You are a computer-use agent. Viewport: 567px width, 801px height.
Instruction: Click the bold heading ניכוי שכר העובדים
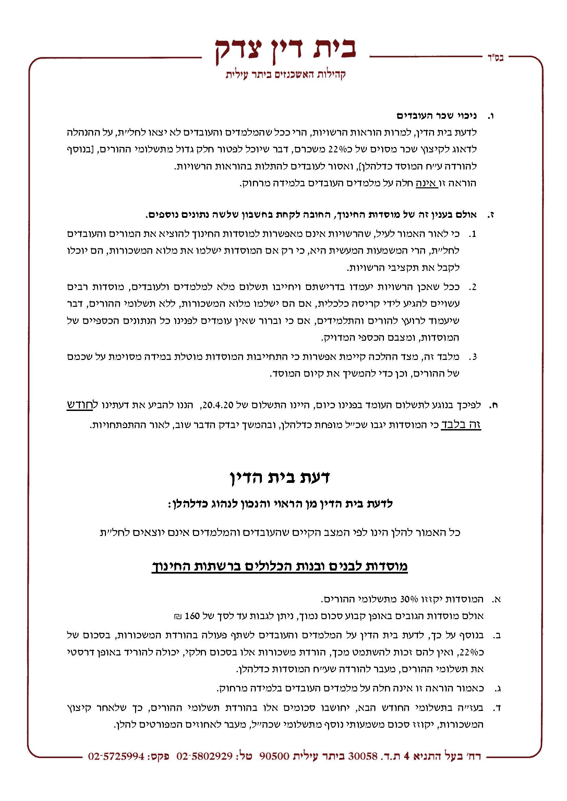coord(436,115)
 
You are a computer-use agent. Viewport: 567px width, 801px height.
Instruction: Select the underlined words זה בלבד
coord(461,425)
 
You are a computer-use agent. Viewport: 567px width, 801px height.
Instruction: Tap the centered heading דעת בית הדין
coord(280,477)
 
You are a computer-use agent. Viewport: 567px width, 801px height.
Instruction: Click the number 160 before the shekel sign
coord(192,616)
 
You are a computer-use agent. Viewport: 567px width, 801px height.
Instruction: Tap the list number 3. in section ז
coord(472,356)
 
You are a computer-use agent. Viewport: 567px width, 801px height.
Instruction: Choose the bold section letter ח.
coord(494,405)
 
